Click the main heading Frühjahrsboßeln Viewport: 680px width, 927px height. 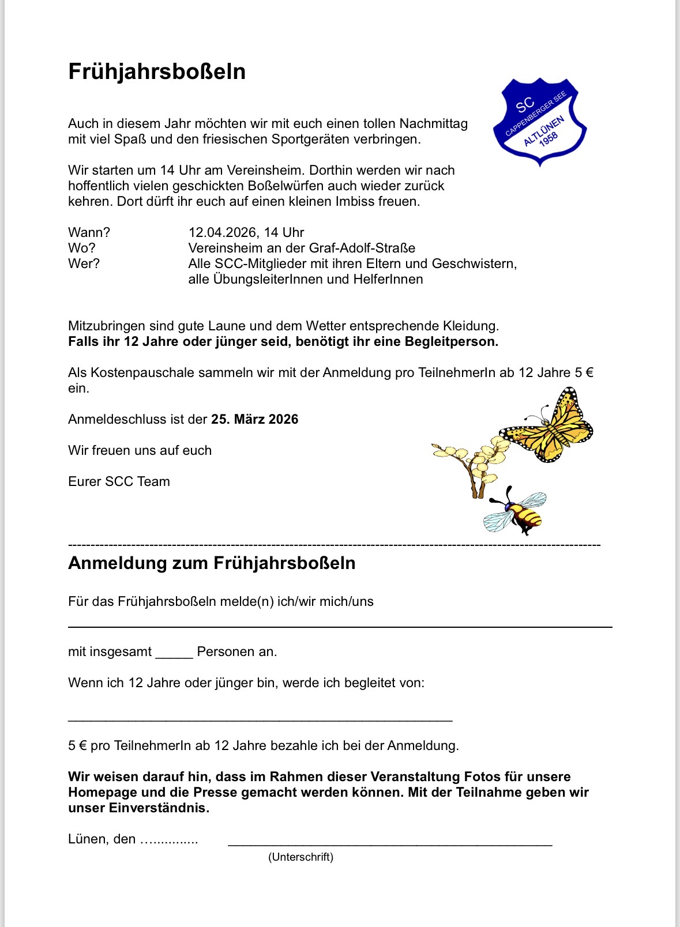[157, 71]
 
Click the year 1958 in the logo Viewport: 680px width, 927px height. [548, 140]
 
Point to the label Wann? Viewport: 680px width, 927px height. [89, 232]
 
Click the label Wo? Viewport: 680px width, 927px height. [82, 248]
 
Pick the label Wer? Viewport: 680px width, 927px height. [84, 263]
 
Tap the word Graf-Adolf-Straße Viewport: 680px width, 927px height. [362, 248]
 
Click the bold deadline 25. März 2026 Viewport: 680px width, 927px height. [254, 419]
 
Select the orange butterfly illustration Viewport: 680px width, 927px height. [548, 425]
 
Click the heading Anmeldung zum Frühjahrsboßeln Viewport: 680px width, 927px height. [212, 563]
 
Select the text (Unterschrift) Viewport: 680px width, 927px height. [300, 857]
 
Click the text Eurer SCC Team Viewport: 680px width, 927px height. [119, 481]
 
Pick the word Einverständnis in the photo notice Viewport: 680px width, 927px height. [159, 808]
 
